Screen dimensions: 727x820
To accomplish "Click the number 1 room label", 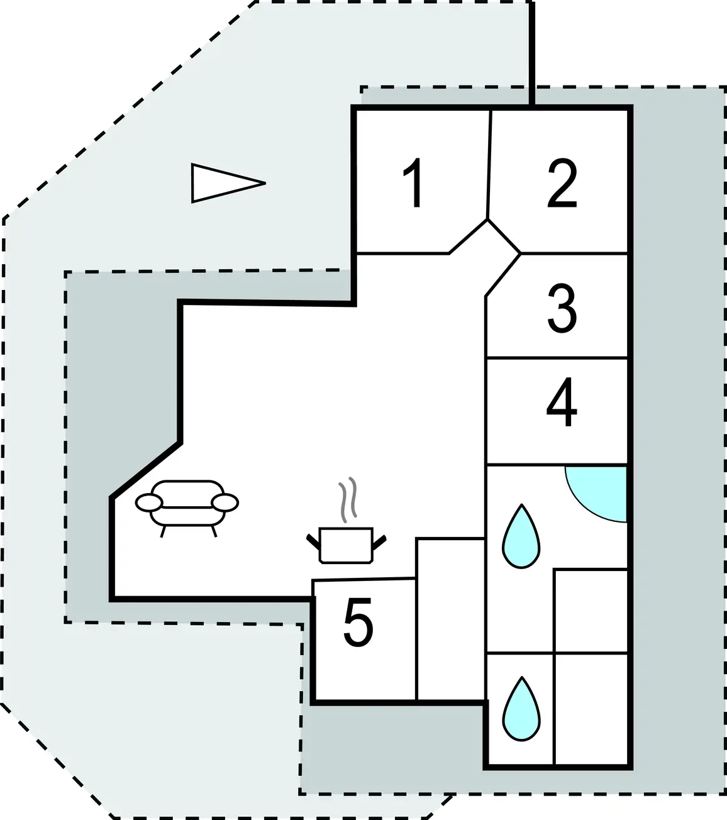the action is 414,183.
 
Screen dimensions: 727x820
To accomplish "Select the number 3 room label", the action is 562,309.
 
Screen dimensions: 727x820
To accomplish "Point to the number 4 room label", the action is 562,402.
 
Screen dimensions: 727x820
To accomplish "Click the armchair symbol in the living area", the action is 187,508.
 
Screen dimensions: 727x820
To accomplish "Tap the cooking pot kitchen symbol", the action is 346,545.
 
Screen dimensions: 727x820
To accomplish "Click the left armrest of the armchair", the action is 149,502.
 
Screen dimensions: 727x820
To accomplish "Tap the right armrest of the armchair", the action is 225,502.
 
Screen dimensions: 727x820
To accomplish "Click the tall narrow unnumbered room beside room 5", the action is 450,619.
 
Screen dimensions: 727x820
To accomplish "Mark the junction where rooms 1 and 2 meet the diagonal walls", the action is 487,219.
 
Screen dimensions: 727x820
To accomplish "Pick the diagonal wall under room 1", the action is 469,236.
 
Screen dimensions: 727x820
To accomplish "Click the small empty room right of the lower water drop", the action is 591,709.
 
